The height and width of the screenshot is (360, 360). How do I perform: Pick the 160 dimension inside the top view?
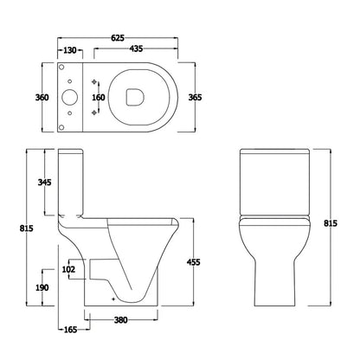99,98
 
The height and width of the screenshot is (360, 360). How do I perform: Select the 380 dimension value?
121,321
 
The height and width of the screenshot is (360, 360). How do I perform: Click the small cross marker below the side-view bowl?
113,299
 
